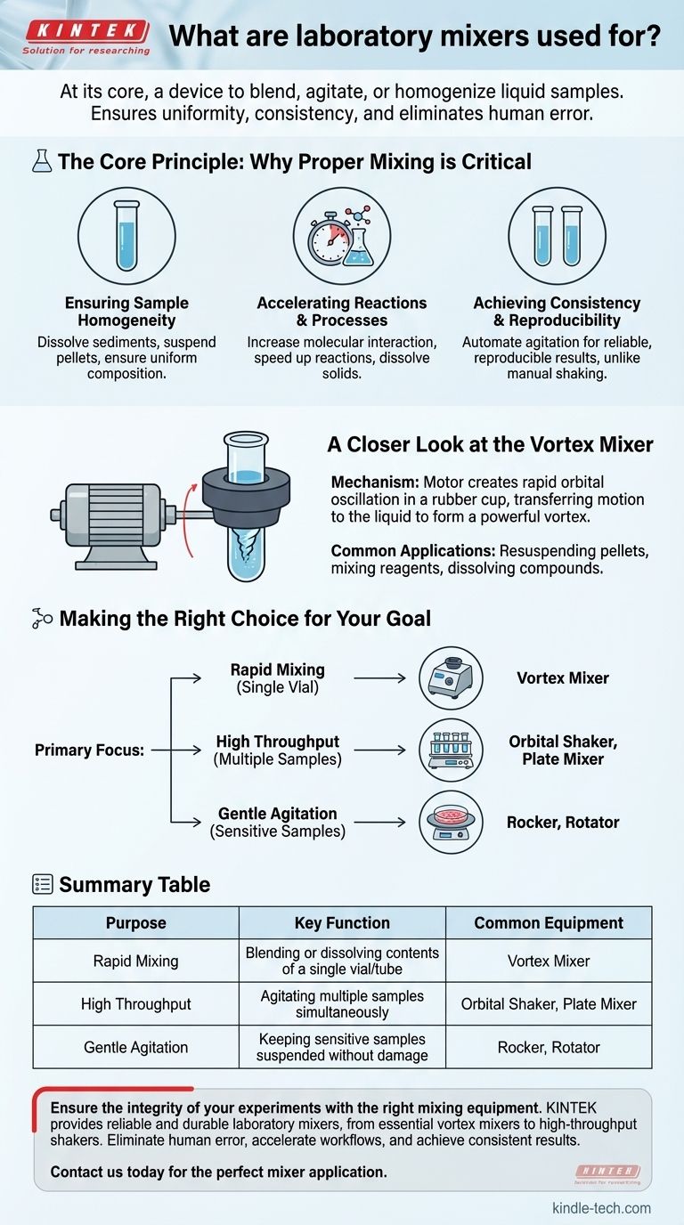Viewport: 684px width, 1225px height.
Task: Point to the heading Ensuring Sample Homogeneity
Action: [126, 312]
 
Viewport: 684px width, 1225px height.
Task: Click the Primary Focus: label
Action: [89, 750]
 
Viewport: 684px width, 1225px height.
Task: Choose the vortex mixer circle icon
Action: [451, 678]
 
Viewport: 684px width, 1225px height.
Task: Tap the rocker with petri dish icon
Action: [451, 823]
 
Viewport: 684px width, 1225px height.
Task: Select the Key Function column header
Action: [342, 923]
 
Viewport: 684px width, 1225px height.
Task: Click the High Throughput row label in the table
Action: [135, 1004]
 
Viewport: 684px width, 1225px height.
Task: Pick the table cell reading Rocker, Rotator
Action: [549, 1047]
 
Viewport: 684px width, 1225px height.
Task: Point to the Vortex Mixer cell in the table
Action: [549, 961]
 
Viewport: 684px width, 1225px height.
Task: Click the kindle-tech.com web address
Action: [601, 1208]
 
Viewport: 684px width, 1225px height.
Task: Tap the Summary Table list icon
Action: [43, 884]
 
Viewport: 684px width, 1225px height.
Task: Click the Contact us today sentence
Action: [218, 1172]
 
